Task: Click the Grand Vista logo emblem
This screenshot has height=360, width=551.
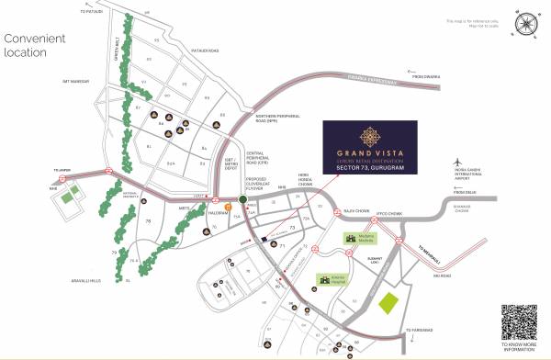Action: pyautogui.click(x=370, y=137)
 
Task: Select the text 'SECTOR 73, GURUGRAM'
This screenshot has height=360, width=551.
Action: pyautogui.click(x=370, y=168)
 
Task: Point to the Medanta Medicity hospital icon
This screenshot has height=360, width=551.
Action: pyautogui.click(x=350, y=238)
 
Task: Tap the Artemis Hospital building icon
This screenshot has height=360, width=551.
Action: pyautogui.click(x=324, y=279)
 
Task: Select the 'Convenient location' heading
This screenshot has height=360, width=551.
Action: pyautogui.click(x=36, y=46)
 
